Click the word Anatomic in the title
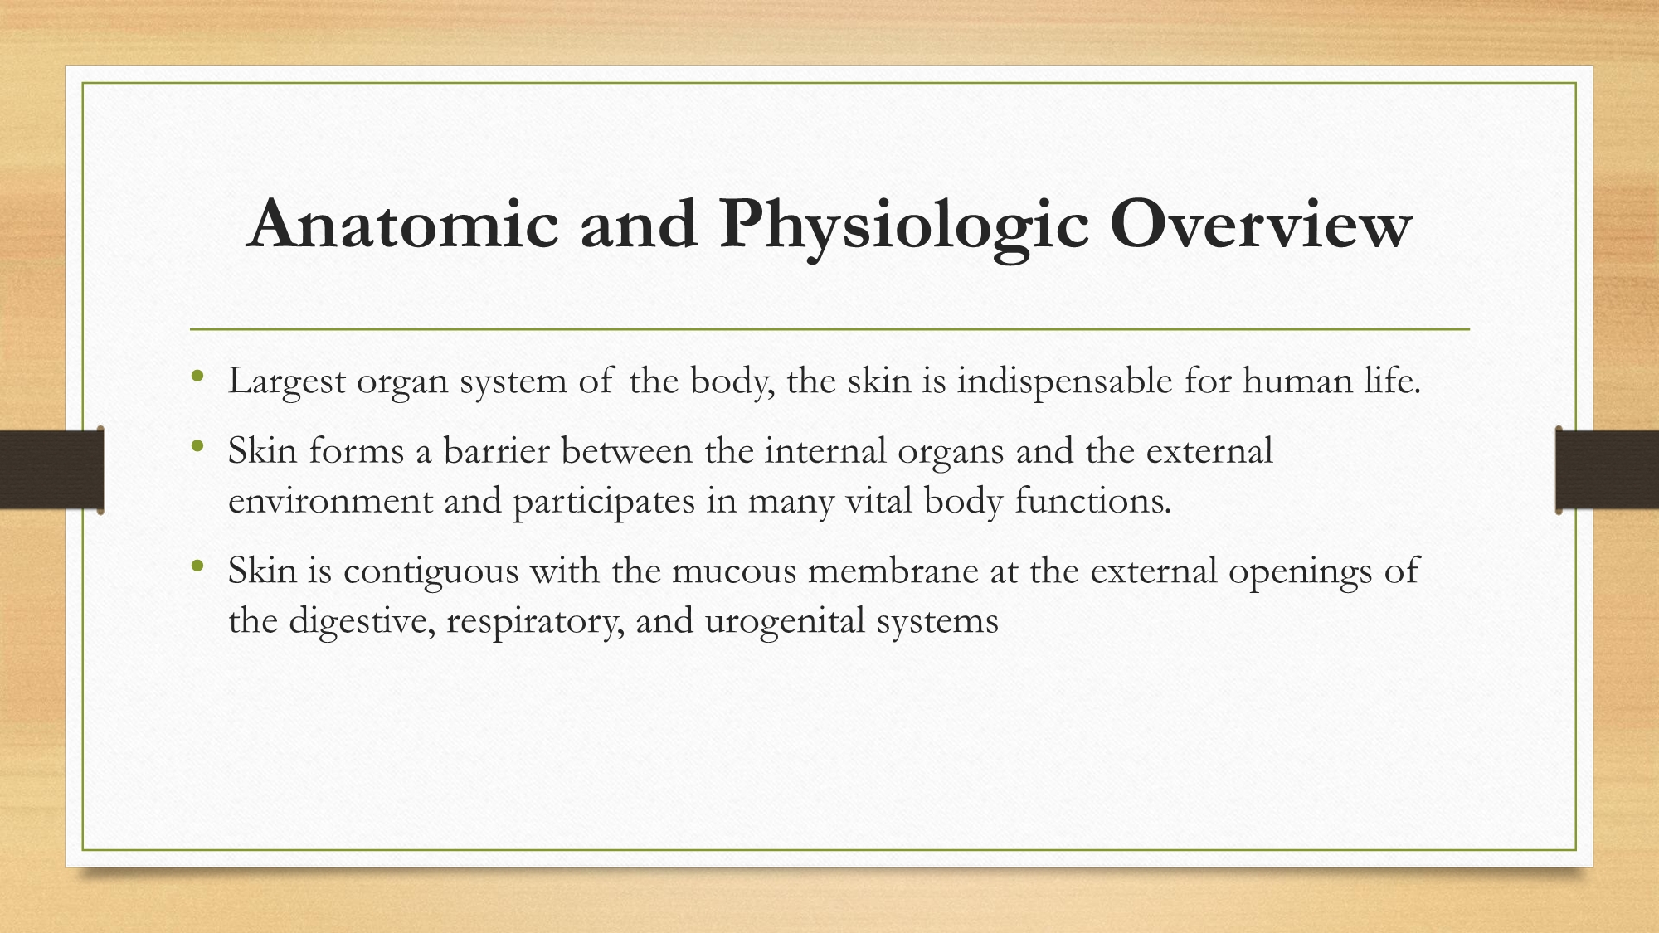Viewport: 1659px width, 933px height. point(403,224)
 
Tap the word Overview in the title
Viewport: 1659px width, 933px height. point(1261,224)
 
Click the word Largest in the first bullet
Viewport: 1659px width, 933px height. point(287,382)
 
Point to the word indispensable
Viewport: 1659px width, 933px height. point(1065,382)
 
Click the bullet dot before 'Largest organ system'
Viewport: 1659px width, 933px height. point(197,377)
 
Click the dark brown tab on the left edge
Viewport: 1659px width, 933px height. point(52,470)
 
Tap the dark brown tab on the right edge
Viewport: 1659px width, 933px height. point(1607,470)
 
